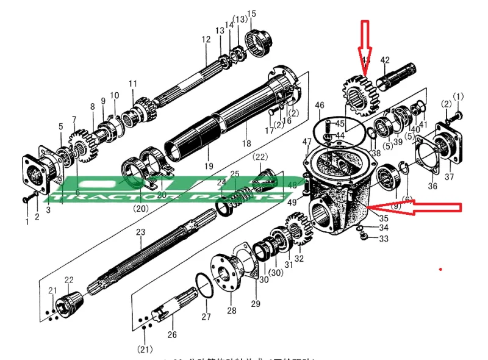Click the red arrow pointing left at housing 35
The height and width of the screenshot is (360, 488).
(x=421, y=207)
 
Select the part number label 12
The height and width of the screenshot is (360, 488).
(x=206, y=40)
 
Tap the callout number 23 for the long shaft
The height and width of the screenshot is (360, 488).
(x=140, y=232)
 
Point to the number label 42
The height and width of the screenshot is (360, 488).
(x=385, y=60)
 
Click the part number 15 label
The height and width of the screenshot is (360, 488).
(x=251, y=14)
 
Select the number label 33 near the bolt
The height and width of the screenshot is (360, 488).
(x=383, y=239)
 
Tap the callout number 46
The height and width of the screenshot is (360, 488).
(x=320, y=106)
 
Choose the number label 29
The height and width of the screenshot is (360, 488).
(x=254, y=303)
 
